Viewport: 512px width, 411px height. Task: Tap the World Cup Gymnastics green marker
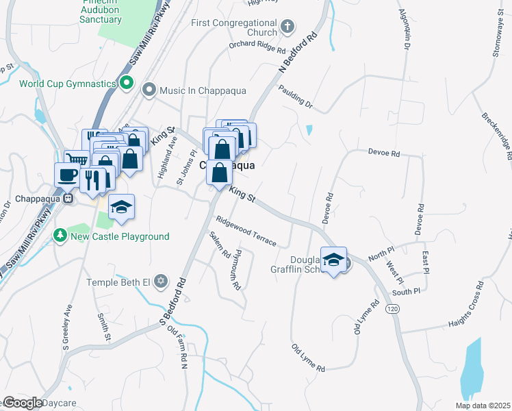click(x=126, y=84)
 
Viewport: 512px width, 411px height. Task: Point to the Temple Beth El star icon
click(x=161, y=282)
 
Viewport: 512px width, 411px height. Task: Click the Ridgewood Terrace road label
click(x=246, y=232)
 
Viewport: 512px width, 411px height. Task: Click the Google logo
click(x=23, y=403)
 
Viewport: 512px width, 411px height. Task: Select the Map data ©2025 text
click(x=482, y=406)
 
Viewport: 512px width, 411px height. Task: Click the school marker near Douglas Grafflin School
click(x=333, y=260)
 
